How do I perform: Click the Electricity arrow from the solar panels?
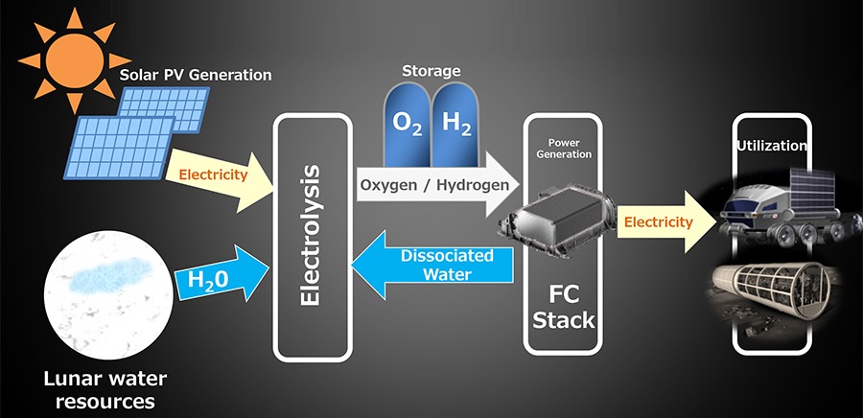(217, 175)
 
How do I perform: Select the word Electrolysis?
(309, 234)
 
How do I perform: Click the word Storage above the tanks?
(432, 70)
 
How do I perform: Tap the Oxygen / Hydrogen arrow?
(432, 183)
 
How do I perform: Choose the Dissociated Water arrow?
(431, 266)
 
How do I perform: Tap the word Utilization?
(773, 146)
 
